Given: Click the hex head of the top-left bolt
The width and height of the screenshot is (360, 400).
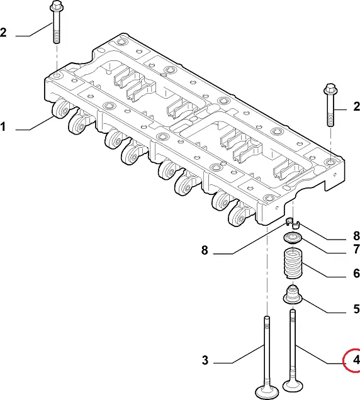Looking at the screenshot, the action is (56, 6).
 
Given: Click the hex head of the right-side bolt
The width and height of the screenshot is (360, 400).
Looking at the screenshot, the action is (330, 89).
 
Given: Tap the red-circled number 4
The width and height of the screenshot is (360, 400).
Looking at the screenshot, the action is (356, 360).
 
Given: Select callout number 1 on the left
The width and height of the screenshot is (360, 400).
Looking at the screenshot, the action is (3, 127).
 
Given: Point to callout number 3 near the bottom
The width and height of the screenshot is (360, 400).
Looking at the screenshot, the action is (205, 360).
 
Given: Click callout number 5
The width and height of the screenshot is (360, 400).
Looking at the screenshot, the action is (356, 309).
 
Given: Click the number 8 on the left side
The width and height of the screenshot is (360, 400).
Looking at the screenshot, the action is (205, 250).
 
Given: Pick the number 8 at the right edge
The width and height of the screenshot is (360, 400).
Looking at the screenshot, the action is (356, 236).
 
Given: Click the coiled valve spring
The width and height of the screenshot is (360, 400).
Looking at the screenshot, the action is (293, 264).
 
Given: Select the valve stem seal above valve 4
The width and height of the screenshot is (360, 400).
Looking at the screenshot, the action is (293, 294).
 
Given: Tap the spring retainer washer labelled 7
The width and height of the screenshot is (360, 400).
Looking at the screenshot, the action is (293, 238).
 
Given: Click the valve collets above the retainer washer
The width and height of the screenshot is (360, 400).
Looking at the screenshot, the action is (293, 223).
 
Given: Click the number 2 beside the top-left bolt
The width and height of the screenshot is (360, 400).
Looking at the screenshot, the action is (3, 33).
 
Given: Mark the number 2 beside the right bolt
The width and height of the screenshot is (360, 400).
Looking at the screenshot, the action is (357, 106).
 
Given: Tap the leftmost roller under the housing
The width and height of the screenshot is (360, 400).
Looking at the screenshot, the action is (61, 109).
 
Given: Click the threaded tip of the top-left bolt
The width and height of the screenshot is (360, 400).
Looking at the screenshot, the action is (57, 40).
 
